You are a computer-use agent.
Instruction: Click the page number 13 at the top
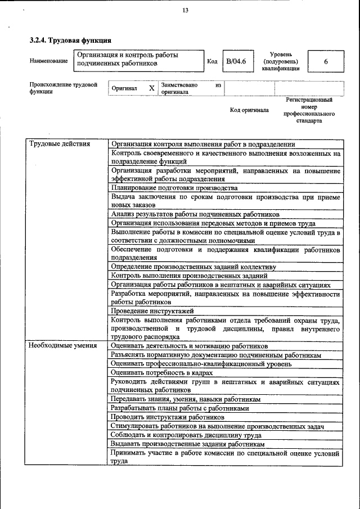point(185,10)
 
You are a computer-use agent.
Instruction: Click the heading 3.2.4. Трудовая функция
point(70,40)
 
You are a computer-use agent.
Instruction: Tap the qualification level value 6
point(325,61)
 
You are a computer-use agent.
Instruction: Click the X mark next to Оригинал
point(151,88)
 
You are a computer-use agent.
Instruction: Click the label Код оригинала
point(249,110)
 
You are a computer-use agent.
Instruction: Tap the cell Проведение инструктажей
point(152,310)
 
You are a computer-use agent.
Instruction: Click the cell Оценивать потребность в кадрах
point(162,372)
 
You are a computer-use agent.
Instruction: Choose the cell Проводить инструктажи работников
point(168,417)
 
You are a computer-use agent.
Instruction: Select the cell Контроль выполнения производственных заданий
point(189,276)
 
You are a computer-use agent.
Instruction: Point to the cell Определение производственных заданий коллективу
point(193,267)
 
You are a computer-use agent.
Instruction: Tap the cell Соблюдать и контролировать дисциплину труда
point(186,435)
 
